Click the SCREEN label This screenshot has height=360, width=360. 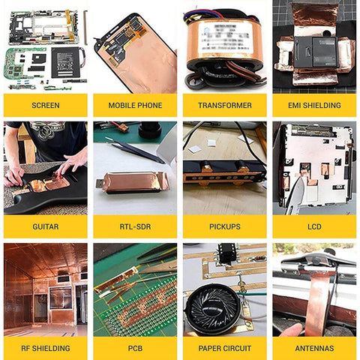pyautogui.click(x=45, y=105)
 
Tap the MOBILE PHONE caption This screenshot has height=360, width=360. pyautogui.click(x=135, y=105)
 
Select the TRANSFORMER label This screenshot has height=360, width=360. pyautogui.click(x=224, y=105)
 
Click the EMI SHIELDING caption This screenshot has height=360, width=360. pyautogui.click(x=314, y=105)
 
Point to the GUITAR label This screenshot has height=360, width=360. pyautogui.click(x=45, y=226)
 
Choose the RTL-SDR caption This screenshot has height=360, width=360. pyautogui.click(x=135, y=226)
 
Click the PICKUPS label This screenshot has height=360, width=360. pyautogui.click(x=224, y=226)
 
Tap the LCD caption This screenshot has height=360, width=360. pyautogui.click(x=314, y=226)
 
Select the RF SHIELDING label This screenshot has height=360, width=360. pyautogui.click(x=45, y=348)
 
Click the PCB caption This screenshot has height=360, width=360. pyautogui.click(x=135, y=348)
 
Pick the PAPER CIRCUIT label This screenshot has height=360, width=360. pyautogui.click(x=224, y=348)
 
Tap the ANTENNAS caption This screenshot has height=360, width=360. pyautogui.click(x=314, y=348)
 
